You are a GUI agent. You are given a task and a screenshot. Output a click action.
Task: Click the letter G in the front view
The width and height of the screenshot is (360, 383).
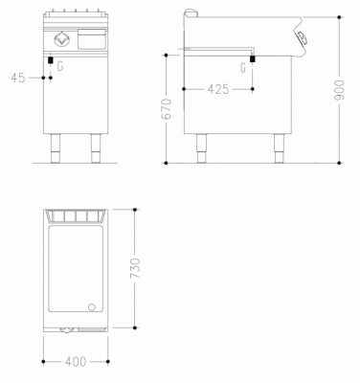pyautogui.click(x=60, y=67)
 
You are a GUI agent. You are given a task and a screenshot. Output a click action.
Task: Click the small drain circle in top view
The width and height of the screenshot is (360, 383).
pyautogui.click(x=93, y=307)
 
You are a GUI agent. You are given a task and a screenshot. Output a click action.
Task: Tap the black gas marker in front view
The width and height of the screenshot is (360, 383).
pyautogui.click(x=50, y=63)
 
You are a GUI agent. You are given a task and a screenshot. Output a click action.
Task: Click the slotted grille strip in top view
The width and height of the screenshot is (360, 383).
pyautogui.click(x=76, y=214)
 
